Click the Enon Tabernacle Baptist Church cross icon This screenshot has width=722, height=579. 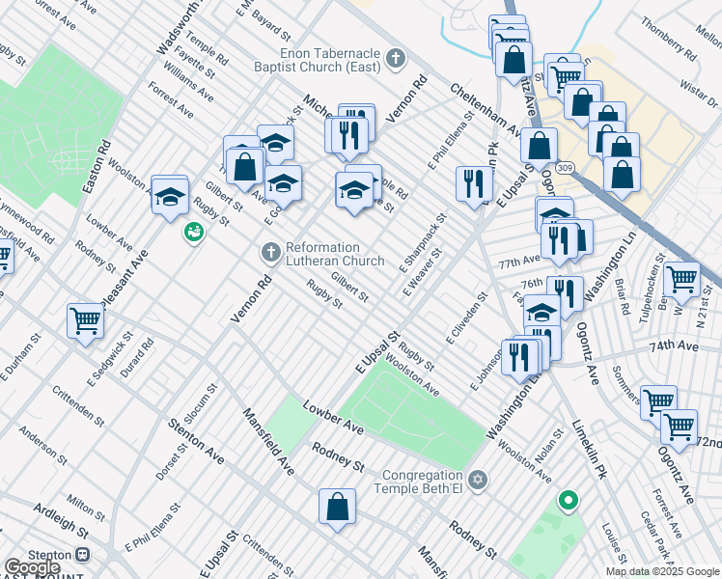point(393,60)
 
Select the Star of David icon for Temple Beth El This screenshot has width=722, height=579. point(476,480)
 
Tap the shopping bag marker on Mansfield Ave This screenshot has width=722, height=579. point(338,508)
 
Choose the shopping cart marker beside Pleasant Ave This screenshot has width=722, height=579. point(85,321)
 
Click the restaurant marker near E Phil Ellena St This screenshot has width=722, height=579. point(473,185)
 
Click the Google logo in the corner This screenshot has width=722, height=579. point(32,568)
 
